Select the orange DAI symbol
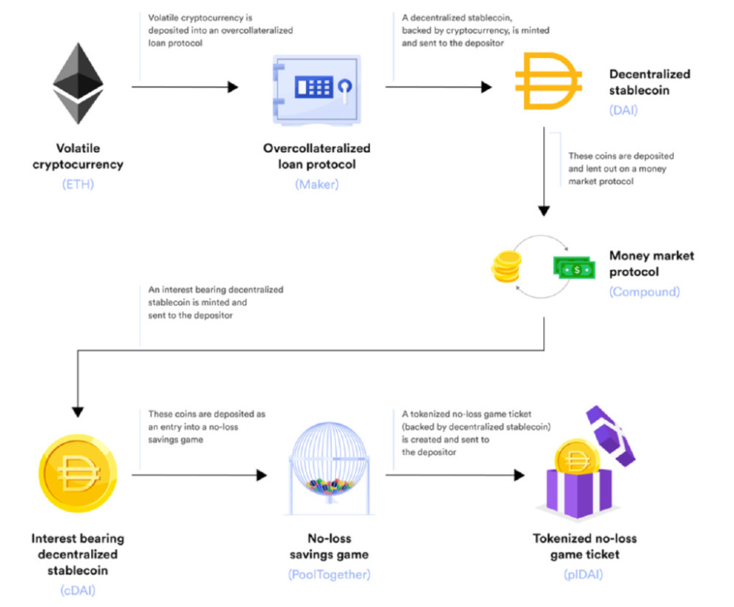click(x=548, y=83)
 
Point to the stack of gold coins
click(x=505, y=269)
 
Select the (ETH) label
click(x=78, y=184)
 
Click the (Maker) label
click(x=317, y=184)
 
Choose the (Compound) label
click(x=644, y=291)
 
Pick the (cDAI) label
click(x=77, y=590)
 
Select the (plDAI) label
click(x=585, y=573)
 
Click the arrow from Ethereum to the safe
click(x=185, y=87)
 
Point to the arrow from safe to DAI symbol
click(x=438, y=87)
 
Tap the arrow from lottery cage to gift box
click(x=455, y=475)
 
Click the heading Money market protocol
click(x=651, y=264)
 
